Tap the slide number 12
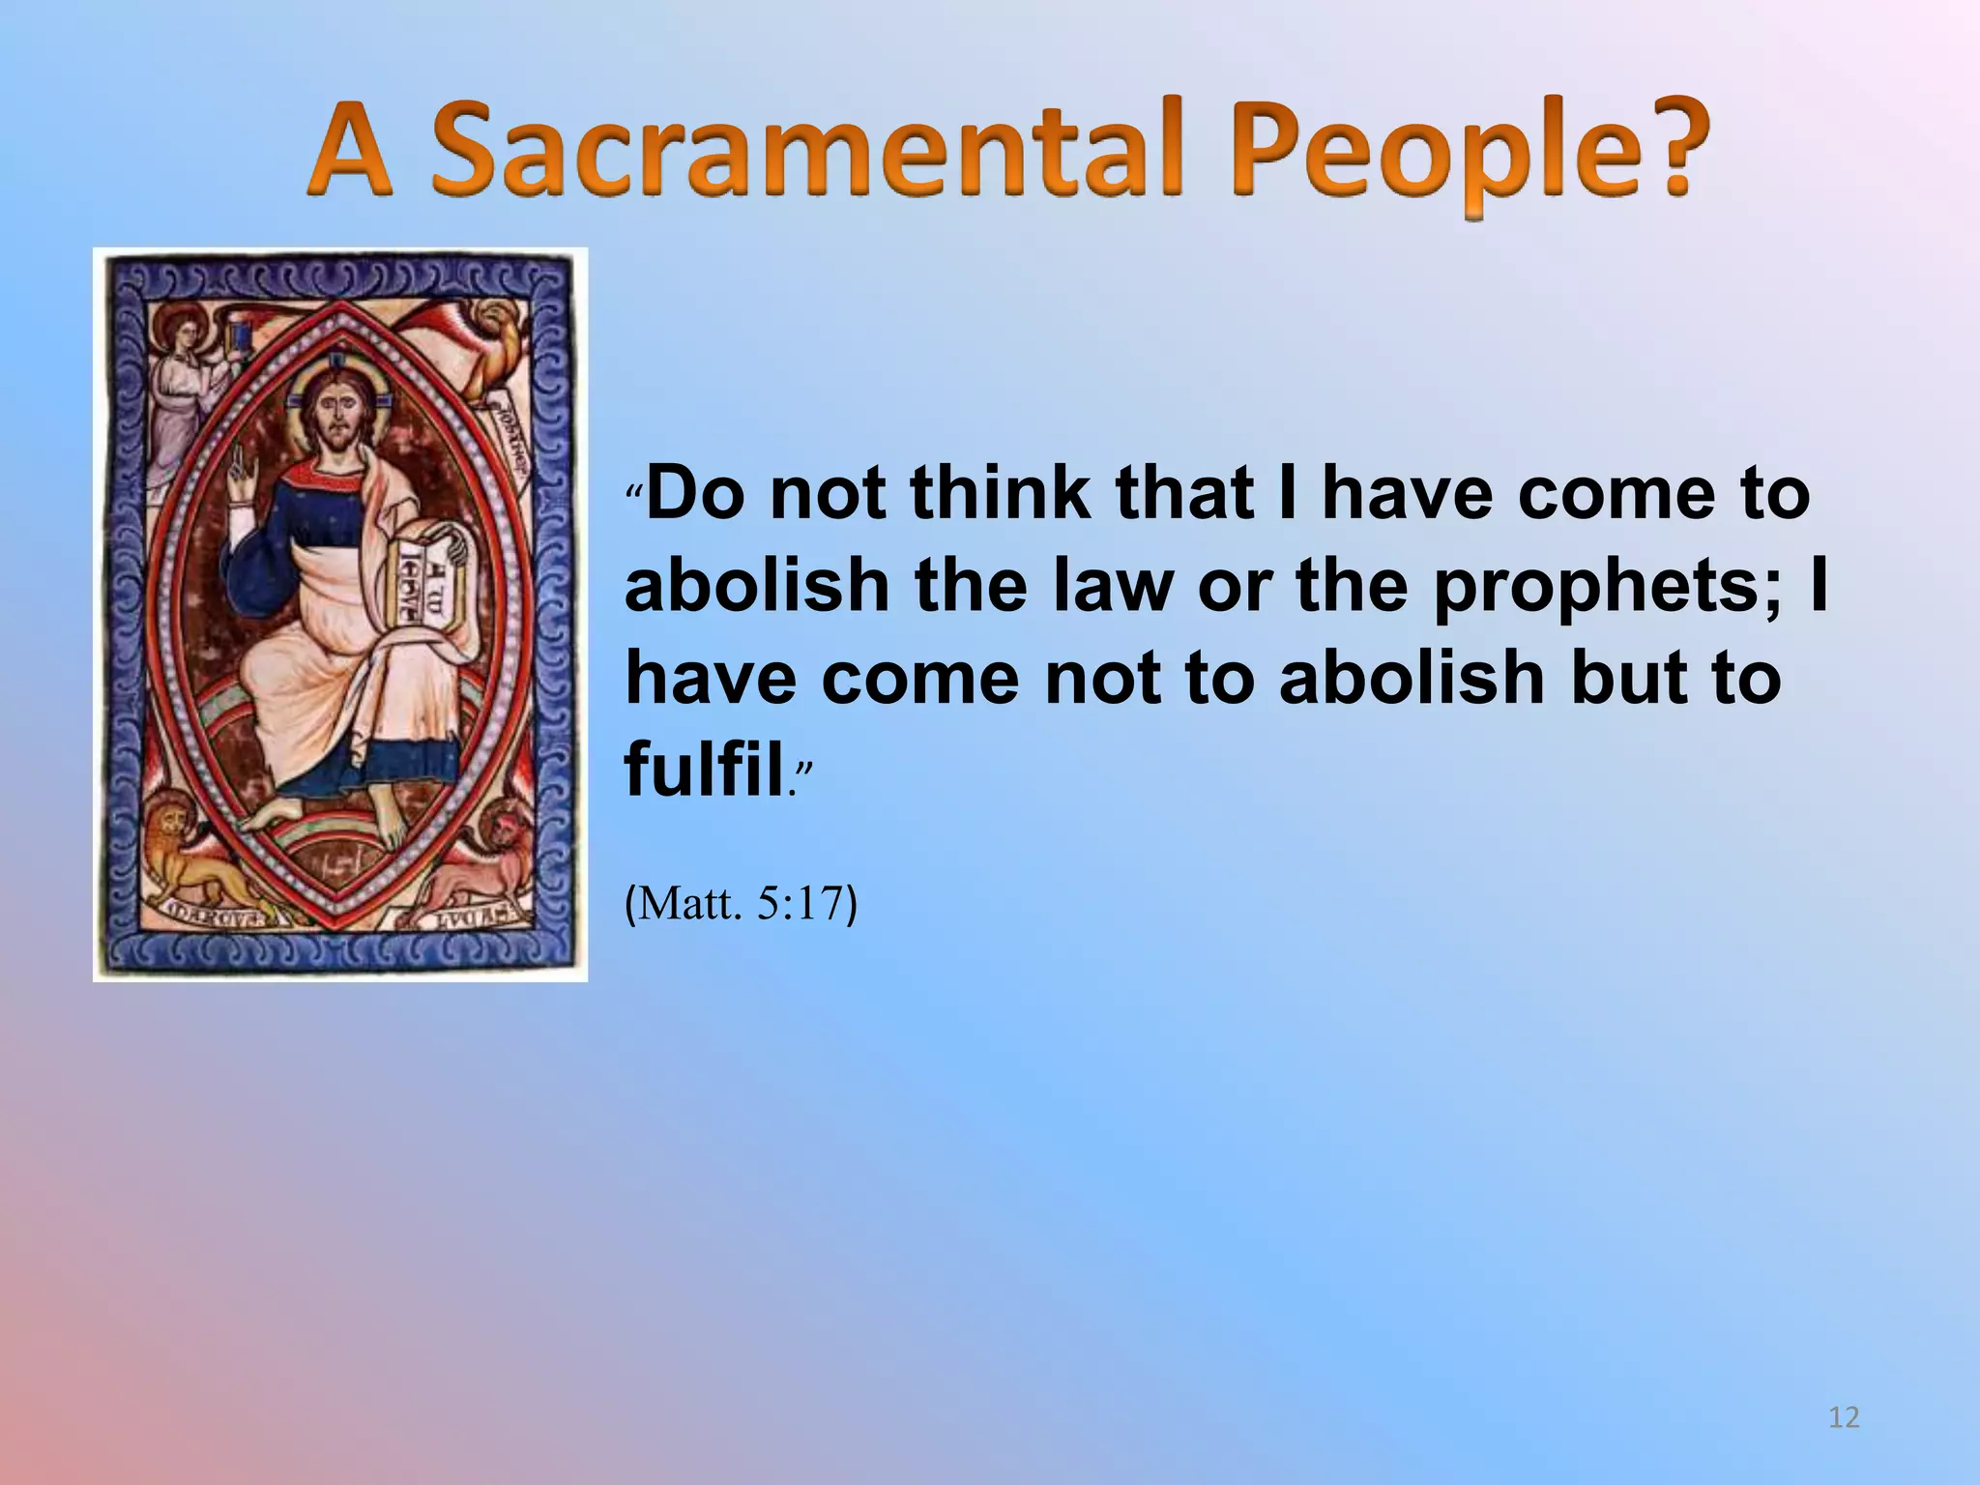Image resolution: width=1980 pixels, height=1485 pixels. click(1844, 1417)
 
